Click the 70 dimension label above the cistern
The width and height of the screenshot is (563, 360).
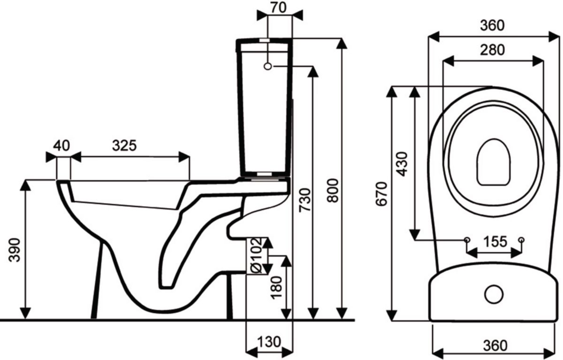click(x=279, y=8)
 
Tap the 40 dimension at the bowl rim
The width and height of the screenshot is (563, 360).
click(x=61, y=146)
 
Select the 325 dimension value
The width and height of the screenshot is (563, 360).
click(x=124, y=146)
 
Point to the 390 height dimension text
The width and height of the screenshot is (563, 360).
click(x=15, y=250)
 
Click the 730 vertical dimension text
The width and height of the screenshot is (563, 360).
click(x=305, y=200)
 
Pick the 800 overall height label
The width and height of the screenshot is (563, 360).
click(x=333, y=191)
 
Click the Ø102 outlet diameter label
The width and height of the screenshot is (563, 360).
click(x=257, y=255)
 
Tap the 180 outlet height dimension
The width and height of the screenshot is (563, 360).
click(x=276, y=288)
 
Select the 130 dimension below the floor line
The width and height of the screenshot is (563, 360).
click(x=269, y=342)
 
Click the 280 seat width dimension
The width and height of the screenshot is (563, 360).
click(x=492, y=50)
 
